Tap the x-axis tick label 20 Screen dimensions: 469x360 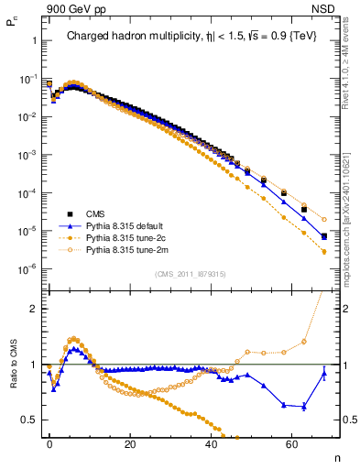[130, 442]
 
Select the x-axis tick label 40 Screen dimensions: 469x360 [211, 442]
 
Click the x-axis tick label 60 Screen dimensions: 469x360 [291, 442]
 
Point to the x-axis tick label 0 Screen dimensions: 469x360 [49, 442]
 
